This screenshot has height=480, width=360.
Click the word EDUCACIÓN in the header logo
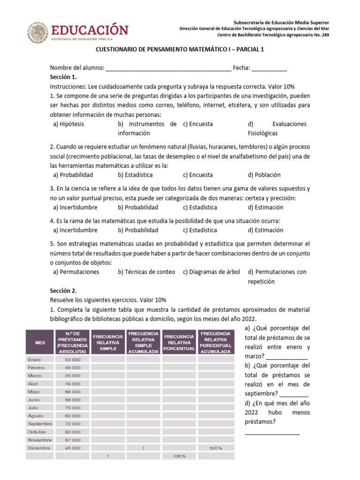90,30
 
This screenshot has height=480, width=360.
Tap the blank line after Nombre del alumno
168,68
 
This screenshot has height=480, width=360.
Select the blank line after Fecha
269,68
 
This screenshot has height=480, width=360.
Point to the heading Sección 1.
63,77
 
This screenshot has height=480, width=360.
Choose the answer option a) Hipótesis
69,124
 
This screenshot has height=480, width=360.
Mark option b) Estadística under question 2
135,175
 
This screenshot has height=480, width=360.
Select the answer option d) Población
264,175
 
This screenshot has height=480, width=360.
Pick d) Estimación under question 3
266,207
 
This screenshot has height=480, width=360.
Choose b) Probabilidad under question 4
138,230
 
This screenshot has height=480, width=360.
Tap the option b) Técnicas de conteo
147,272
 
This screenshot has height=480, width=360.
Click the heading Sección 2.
63,291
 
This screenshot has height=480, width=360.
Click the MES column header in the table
40,342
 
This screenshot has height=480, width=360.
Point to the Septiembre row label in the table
40,424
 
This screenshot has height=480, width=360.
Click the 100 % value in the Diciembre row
215,448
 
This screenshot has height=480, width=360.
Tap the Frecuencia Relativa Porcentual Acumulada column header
215,342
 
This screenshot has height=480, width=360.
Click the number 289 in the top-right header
323,35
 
